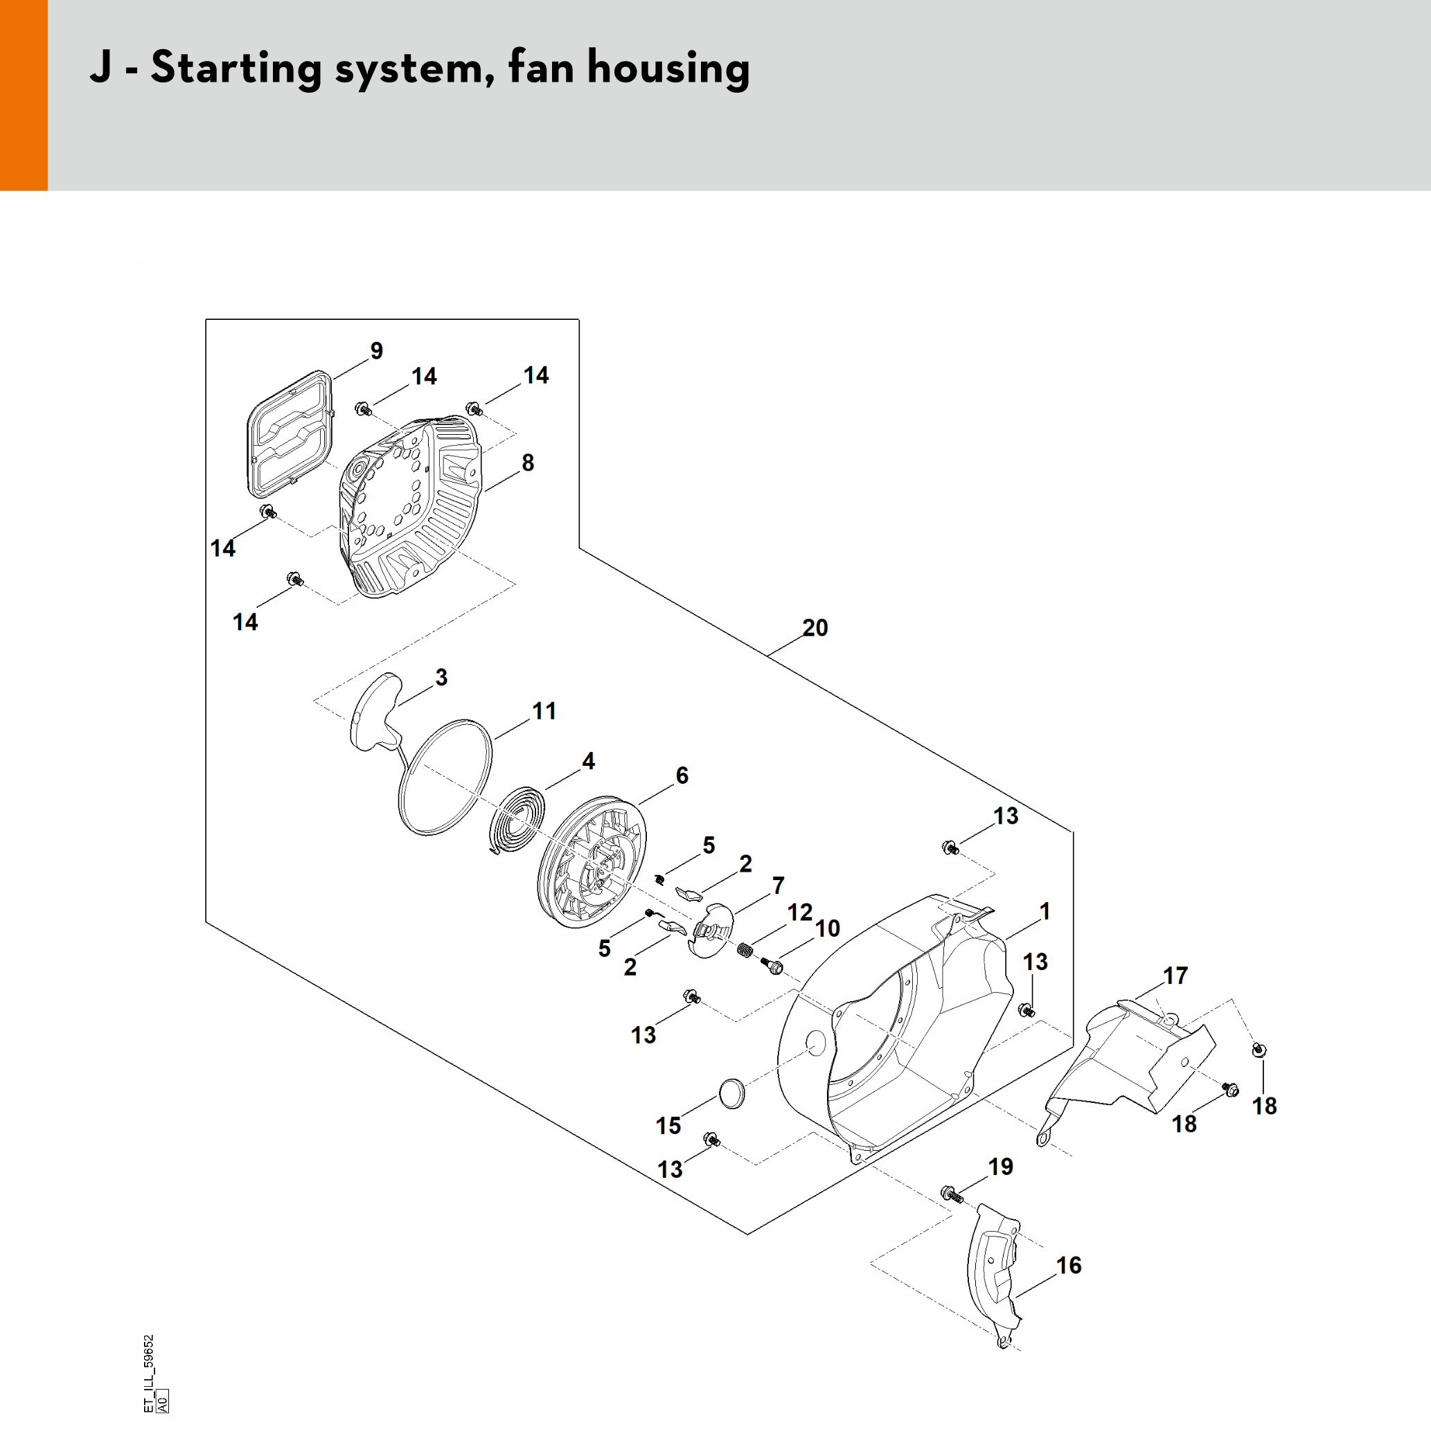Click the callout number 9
[377, 351]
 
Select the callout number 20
[815, 627]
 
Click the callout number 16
[1069, 1266]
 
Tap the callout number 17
[1175, 976]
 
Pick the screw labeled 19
[951, 1193]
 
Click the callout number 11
[544, 711]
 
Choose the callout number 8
[528, 463]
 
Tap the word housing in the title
[668, 68]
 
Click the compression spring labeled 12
[745, 951]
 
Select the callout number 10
[828, 928]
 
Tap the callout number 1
[1045, 911]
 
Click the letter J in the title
[100, 68]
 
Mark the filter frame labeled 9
[290, 434]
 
